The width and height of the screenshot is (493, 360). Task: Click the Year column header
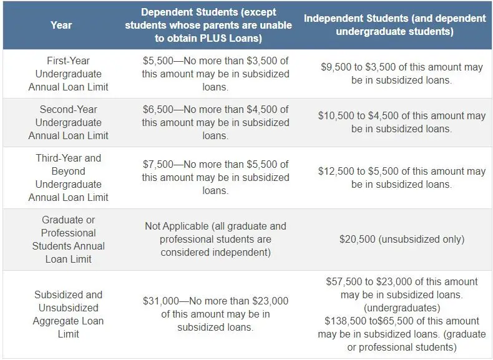61,26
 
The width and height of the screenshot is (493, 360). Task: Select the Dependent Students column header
208,26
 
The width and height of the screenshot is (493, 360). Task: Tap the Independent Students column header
394,24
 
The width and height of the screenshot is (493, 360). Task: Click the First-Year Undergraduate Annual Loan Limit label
69,74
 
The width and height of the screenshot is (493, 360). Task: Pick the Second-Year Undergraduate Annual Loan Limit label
69,122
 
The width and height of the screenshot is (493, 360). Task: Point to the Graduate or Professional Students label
69,240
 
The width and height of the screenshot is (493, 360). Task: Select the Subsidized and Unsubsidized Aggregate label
69,314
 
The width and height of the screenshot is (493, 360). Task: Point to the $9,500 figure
336,67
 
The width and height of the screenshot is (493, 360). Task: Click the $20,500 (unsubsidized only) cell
401,239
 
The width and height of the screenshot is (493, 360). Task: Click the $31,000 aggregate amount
162,301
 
